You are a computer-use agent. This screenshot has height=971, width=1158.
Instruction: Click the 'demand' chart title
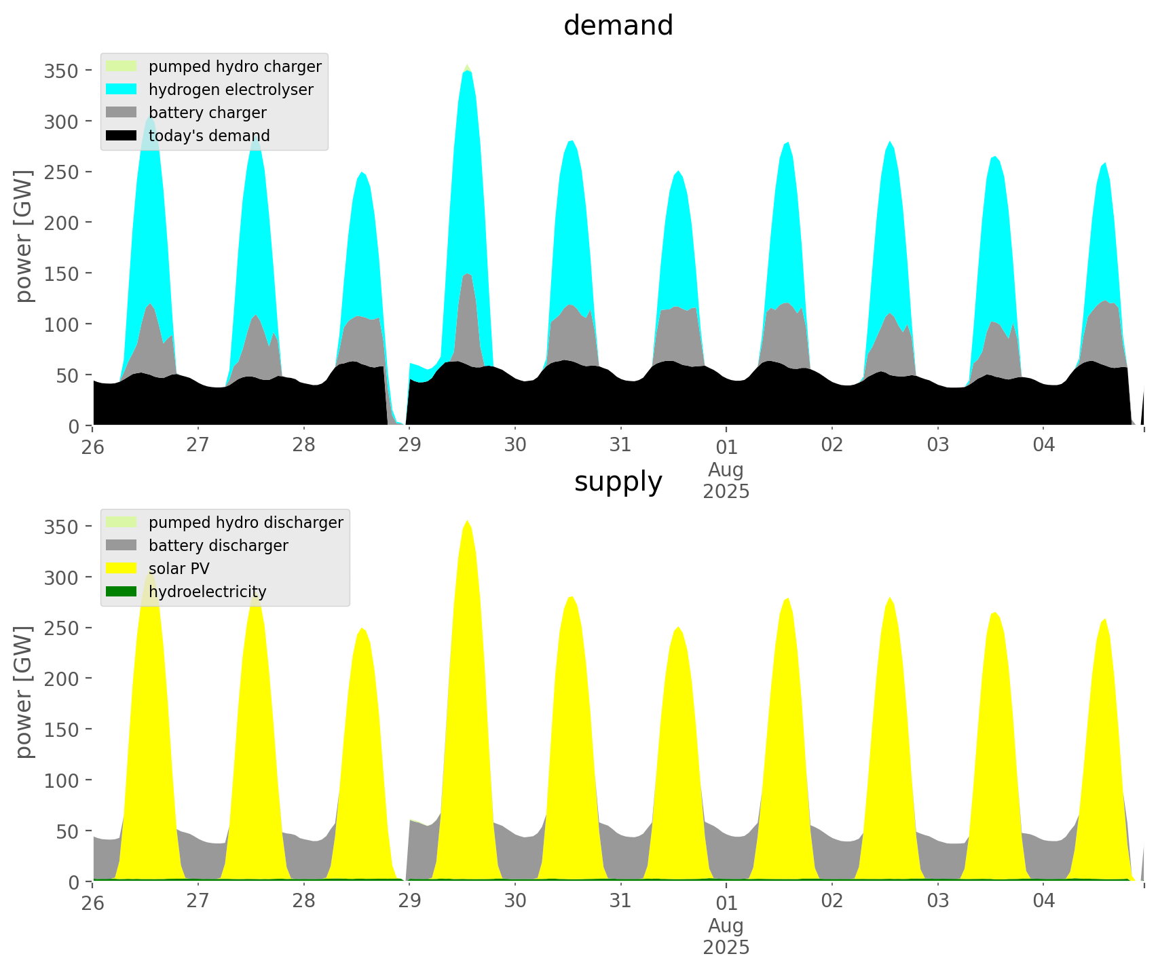[618, 26]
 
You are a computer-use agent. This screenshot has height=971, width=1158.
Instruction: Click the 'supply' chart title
[618, 482]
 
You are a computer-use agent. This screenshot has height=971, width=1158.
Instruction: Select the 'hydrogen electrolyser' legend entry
[231, 90]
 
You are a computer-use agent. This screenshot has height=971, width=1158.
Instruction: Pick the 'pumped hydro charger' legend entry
[235, 66]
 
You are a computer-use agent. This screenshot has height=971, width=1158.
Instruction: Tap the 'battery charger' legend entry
[207, 113]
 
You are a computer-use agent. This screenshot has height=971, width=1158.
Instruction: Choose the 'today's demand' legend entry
[209, 136]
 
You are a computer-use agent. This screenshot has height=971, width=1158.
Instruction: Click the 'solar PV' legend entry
[179, 569]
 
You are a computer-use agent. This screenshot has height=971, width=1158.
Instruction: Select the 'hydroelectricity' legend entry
[207, 592]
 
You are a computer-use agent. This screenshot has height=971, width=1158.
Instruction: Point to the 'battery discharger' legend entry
[218, 546]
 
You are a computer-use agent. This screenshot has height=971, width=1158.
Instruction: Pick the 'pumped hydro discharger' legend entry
[246, 522]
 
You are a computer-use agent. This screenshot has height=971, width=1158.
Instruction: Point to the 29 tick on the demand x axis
[410, 445]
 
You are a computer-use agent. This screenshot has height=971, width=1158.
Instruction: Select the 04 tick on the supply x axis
[1043, 901]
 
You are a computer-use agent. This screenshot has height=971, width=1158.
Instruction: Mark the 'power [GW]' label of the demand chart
[24, 237]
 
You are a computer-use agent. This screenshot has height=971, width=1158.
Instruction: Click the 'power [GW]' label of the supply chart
[24, 693]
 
